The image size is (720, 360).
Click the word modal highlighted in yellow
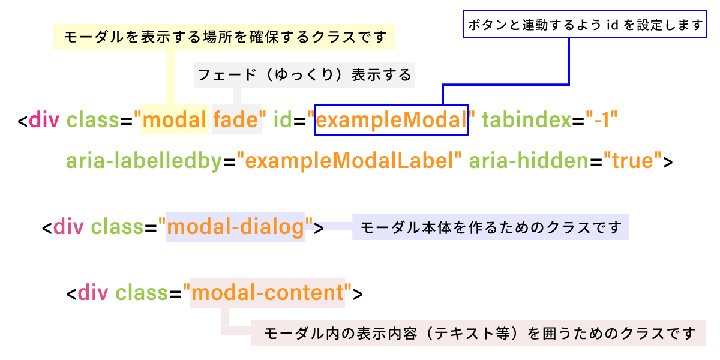coord(174,119)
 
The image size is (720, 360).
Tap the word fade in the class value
coord(236,119)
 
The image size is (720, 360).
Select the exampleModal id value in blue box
coord(391,120)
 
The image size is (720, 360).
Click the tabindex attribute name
coord(527,119)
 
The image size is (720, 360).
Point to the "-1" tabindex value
coord(601,119)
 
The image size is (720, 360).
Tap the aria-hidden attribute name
coord(529,160)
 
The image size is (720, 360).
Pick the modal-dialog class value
coord(236,227)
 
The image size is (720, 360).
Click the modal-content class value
coord(268,293)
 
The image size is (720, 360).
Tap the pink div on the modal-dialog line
coord(68,227)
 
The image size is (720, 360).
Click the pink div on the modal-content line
coord(93,293)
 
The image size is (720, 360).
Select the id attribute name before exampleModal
coord(283,119)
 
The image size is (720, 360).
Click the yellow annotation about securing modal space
coord(224,37)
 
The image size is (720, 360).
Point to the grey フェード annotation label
coord(304,75)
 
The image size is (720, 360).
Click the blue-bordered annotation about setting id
coord(584,24)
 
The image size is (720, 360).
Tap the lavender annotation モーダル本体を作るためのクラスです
coord(491,227)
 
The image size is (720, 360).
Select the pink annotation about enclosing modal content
coord(479,333)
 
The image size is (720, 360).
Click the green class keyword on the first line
coord(93,119)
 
